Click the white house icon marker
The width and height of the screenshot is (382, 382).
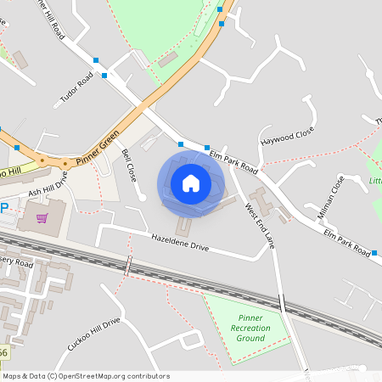coord(191,183)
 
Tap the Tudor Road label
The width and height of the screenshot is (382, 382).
coord(76,89)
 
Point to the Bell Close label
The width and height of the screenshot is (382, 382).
coord(129,166)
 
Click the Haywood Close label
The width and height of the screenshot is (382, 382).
coord(288,134)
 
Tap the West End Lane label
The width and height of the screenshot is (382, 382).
coord(260,225)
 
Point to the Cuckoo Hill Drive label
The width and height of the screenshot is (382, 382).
coord(93,333)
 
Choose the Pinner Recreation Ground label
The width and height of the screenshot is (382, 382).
coord(250,327)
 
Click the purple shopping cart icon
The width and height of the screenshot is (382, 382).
coord(42,219)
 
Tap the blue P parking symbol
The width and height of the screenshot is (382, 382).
coord(3,207)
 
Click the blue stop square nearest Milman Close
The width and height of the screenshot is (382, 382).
coord(374,253)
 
